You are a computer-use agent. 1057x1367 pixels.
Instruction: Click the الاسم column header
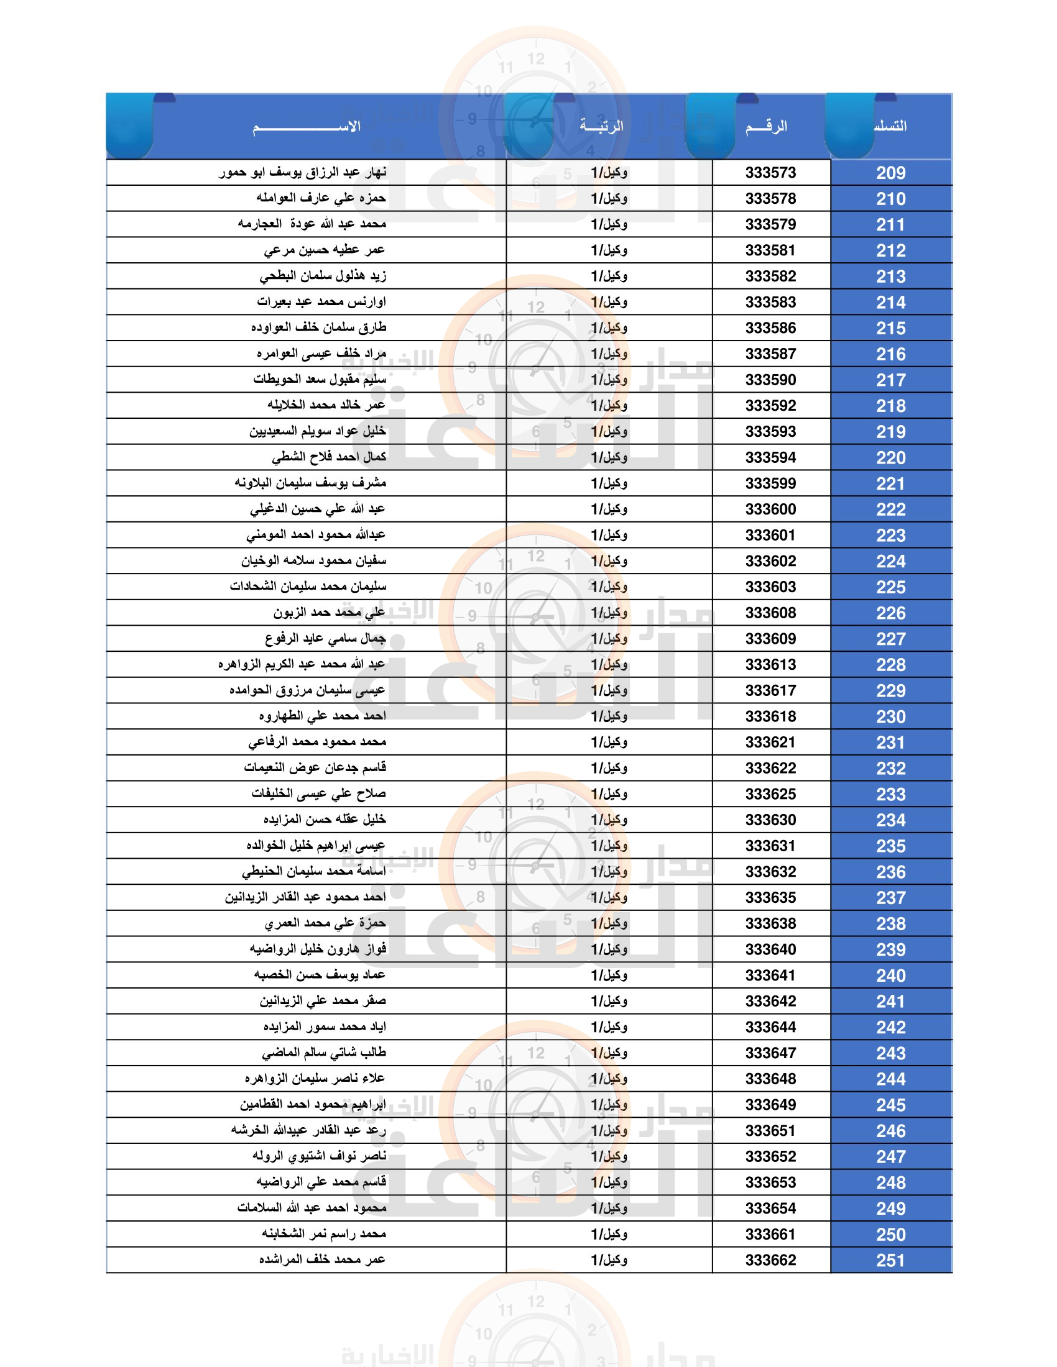pos(306,127)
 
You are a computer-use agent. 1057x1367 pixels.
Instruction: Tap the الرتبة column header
pos(601,126)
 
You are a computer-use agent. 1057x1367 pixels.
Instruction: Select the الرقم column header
pos(766,127)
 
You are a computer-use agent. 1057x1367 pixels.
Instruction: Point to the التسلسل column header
pos(890,126)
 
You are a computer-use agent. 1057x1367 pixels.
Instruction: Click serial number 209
pos(890,173)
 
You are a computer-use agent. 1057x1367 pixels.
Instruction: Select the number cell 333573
pos(770,173)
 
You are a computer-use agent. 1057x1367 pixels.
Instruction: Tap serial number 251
pos(890,1260)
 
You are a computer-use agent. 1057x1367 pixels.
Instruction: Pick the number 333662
pos(770,1260)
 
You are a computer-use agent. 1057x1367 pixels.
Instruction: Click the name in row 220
pos(329,457)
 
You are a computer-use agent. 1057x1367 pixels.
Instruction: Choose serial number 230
pos(890,716)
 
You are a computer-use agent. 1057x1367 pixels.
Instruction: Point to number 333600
pos(770,510)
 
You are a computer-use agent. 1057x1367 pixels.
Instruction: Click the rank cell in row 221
pos(609,483)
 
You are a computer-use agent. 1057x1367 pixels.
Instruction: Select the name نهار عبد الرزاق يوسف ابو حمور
pos(302,173)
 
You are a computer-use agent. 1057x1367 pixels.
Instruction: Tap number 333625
pos(770,794)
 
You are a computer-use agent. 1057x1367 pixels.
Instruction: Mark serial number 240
pos(890,975)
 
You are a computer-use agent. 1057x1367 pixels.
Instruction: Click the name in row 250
pos(324,1233)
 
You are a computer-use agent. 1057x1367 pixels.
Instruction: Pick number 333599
pos(770,483)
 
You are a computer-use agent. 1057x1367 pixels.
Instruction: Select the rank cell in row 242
pos(609,1027)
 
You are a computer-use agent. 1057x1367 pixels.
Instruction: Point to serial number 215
pos(890,328)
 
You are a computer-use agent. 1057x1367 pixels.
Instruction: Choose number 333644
pos(770,1027)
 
